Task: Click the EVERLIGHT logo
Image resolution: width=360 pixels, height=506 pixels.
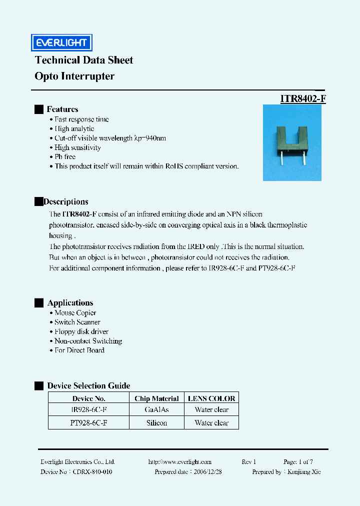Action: click(x=61, y=43)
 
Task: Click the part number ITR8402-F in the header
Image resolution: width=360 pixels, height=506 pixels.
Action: click(x=303, y=98)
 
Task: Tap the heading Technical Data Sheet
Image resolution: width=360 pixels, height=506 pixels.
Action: click(x=84, y=60)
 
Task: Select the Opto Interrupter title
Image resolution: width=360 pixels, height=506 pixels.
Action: click(x=74, y=76)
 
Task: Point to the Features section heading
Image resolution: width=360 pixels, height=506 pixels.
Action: click(x=62, y=109)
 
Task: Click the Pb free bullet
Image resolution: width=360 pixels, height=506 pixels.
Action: click(x=65, y=157)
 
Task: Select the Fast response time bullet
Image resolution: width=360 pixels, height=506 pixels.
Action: click(x=81, y=119)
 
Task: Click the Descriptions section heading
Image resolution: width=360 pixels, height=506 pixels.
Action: click(x=66, y=201)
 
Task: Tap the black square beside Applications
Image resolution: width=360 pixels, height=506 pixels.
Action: click(x=38, y=303)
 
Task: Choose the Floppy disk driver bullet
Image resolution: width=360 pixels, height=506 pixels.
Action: click(x=81, y=331)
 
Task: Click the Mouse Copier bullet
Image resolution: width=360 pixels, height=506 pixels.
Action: click(x=75, y=313)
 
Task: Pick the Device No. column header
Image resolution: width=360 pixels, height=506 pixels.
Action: click(x=89, y=398)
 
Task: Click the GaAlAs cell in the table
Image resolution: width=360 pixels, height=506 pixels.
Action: click(x=156, y=410)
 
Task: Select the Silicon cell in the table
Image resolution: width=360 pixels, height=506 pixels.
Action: click(x=156, y=423)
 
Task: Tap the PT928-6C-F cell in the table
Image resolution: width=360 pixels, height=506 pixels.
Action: click(x=89, y=423)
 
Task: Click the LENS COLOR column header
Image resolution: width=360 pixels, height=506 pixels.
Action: click(x=211, y=398)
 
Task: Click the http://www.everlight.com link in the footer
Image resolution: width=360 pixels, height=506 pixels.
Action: click(x=180, y=462)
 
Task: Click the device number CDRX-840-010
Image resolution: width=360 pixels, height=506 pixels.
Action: click(x=92, y=472)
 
